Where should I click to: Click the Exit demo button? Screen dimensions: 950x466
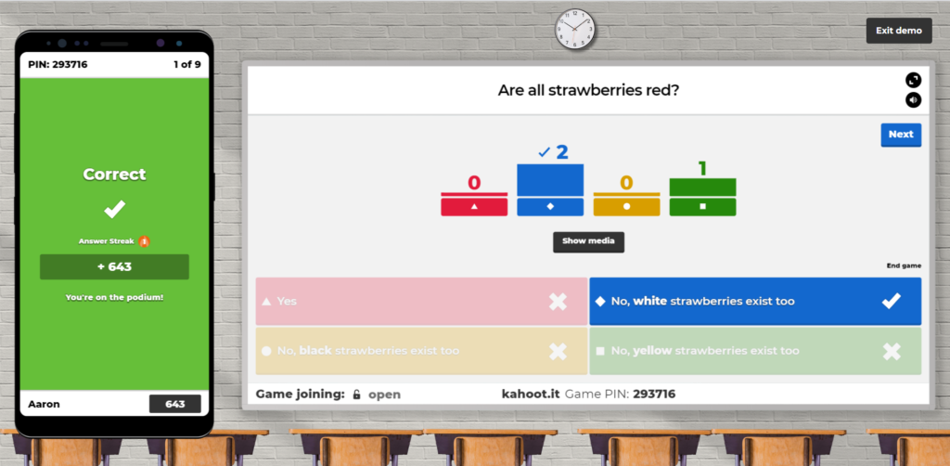click(x=899, y=31)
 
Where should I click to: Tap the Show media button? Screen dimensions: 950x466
click(x=588, y=241)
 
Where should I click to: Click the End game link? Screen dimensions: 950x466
click(x=904, y=265)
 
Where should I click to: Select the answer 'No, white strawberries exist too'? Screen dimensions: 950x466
click(x=755, y=301)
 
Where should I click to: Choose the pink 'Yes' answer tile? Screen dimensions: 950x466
click(x=421, y=301)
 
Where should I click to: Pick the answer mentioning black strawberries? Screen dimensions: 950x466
click(x=421, y=351)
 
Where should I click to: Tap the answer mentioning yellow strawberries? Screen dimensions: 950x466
click(x=755, y=351)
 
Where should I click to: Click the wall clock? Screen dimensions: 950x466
click(x=575, y=29)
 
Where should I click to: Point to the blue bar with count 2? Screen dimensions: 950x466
click(x=550, y=180)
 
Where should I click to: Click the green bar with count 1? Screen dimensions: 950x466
click(x=703, y=188)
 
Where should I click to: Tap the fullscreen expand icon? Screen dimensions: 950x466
click(x=913, y=80)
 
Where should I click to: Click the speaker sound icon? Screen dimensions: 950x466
click(x=913, y=100)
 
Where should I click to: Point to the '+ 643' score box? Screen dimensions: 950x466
click(x=114, y=267)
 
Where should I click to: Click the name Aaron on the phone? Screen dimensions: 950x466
click(x=45, y=404)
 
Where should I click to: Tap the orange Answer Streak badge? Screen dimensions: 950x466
click(x=144, y=241)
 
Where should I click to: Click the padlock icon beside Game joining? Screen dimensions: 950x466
click(x=357, y=395)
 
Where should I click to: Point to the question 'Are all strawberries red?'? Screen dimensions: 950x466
click(x=588, y=90)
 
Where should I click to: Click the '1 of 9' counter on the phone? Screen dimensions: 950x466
click(x=187, y=64)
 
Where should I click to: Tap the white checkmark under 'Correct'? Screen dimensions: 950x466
click(x=114, y=209)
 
